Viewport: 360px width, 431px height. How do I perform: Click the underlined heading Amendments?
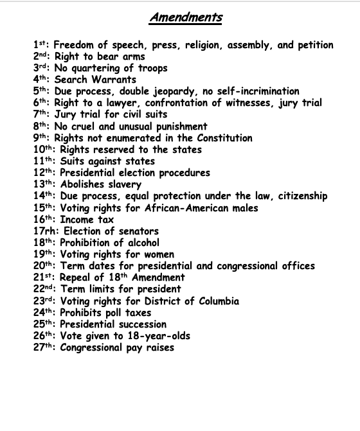pyautogui.click(x=185, y=17)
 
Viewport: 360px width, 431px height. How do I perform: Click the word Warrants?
pyautogui.click(x=115, y=80)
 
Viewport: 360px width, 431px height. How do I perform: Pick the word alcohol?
pyautogui.click(x=139, y=243)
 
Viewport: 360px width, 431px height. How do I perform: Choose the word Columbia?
pyautogui.click(x=215, y=301)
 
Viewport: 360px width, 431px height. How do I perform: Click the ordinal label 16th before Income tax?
pyautogui.click(x=44, y=220)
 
